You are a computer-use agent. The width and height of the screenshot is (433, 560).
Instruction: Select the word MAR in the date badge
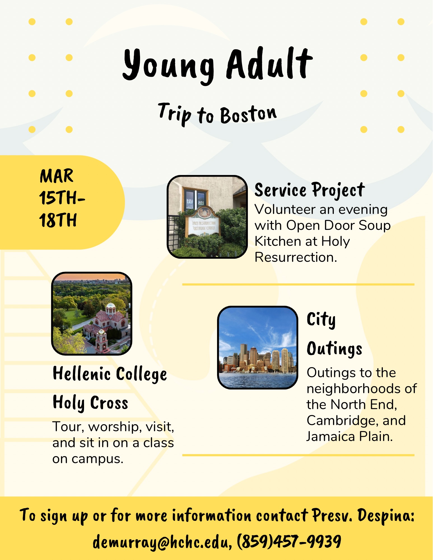(57, 176)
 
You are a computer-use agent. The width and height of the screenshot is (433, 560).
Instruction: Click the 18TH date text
(58, 220)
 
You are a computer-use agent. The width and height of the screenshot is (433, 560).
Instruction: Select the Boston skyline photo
(258, 347)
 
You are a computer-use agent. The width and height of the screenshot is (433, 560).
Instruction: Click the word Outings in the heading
(335, 349)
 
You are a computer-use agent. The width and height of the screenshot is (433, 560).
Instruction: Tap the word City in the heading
(321, 319)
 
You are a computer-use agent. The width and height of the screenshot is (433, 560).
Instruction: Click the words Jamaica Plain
(350, 437)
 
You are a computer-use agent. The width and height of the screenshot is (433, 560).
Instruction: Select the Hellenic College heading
(110, 374)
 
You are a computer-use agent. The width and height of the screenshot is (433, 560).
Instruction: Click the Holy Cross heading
(90, 403)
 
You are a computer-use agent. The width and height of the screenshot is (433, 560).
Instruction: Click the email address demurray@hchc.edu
(162, 542)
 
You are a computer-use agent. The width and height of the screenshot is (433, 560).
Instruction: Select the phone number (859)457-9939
(289, 541)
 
